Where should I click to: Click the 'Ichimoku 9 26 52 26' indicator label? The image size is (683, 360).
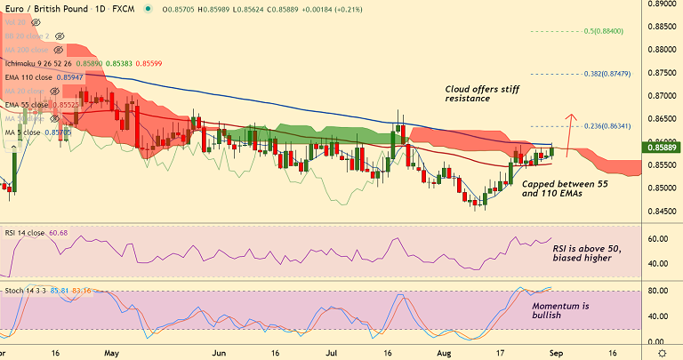43,64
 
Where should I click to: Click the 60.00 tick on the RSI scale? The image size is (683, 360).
659,239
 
